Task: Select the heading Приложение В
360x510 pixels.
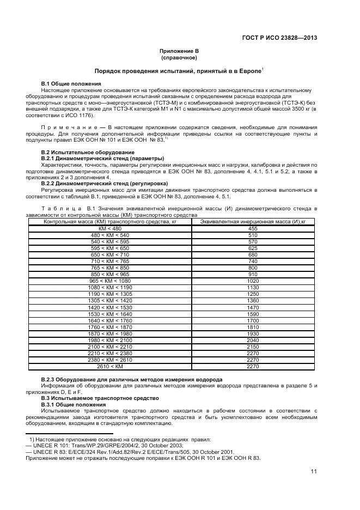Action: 179,51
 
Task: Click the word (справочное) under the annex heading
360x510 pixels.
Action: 179,57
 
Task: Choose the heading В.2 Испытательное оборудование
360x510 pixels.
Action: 80,152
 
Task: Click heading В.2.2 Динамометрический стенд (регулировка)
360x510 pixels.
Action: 105,184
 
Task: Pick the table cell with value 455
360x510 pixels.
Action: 253,228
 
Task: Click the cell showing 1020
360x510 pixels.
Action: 253,281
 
